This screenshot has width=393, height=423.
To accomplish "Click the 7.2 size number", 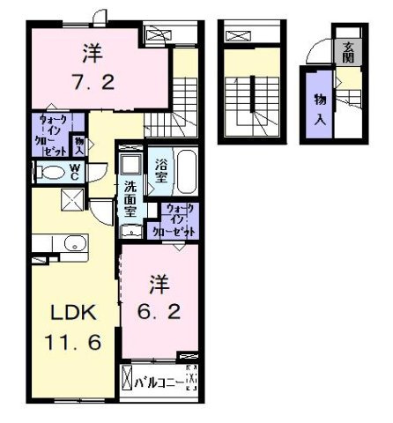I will pyautogui.click(x=90, y=84).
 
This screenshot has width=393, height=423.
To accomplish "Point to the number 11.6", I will pyautogui.click(x=70, y=340).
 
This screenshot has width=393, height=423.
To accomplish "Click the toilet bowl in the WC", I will pyautogui.click(x=53, y=173).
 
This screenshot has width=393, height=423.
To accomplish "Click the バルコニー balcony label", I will pyautogui.click(x=159, y=382).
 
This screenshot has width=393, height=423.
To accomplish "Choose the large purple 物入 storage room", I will pyautogui.click(x=317, y=108).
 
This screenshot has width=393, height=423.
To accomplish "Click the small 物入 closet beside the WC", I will pyautogui.click(x=78, y=143).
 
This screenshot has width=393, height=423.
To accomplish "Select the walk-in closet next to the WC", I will pyautogui.click(x=49, y=134).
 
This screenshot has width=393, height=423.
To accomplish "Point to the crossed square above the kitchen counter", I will pyautogui.click(x=71, y=202).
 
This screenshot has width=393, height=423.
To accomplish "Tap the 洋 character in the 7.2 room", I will pyautogui.click(x=90, y=53).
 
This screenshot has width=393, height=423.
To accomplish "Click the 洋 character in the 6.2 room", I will pyautogui.click(x=158, y=284).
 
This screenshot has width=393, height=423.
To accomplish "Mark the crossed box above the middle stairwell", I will pyautogui.click(x=238, y=36).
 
